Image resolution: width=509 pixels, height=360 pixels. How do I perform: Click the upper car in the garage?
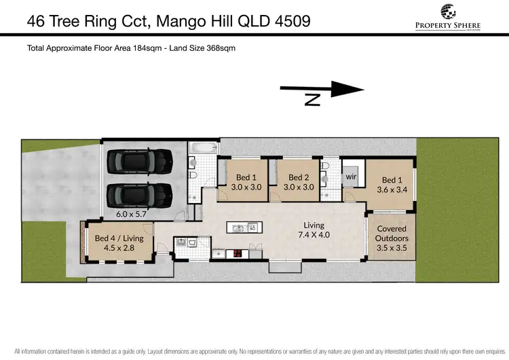(x=140, y=162)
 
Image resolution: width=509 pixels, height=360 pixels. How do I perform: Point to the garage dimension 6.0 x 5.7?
(x=131, y=213)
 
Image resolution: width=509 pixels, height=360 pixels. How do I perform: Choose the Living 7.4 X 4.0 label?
(x=314, y=230)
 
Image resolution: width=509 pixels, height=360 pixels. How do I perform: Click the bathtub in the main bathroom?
(x=204, y=147)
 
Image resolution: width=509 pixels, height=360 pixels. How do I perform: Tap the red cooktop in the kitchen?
(x=240, y=255)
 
